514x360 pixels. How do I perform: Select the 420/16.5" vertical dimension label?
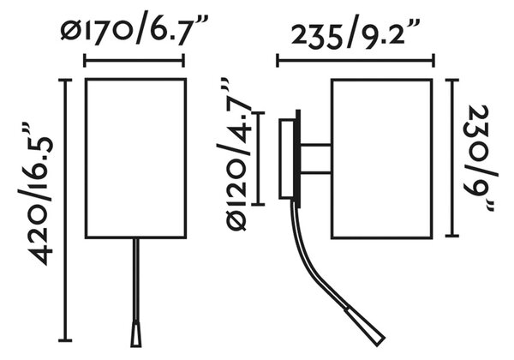point(35,194)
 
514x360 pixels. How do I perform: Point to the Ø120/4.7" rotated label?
point(234,154)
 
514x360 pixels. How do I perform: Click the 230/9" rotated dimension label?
point(480,158)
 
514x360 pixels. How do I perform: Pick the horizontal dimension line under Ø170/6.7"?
point(134,60)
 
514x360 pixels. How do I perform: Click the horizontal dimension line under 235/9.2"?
point(356,60)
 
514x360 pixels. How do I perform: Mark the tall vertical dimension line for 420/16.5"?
point(65,210)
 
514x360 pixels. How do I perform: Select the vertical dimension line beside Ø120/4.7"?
point(259,159)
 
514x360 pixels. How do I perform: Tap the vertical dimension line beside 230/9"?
point(452,158)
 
